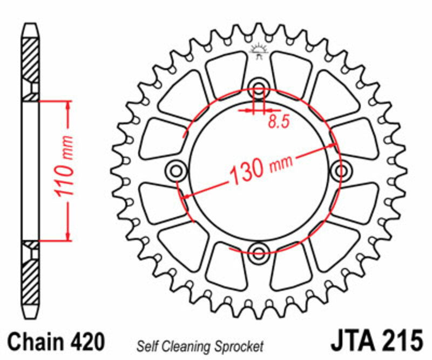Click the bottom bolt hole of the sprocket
259,251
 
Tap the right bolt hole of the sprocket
341,172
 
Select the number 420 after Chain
87,343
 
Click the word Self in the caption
146,345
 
